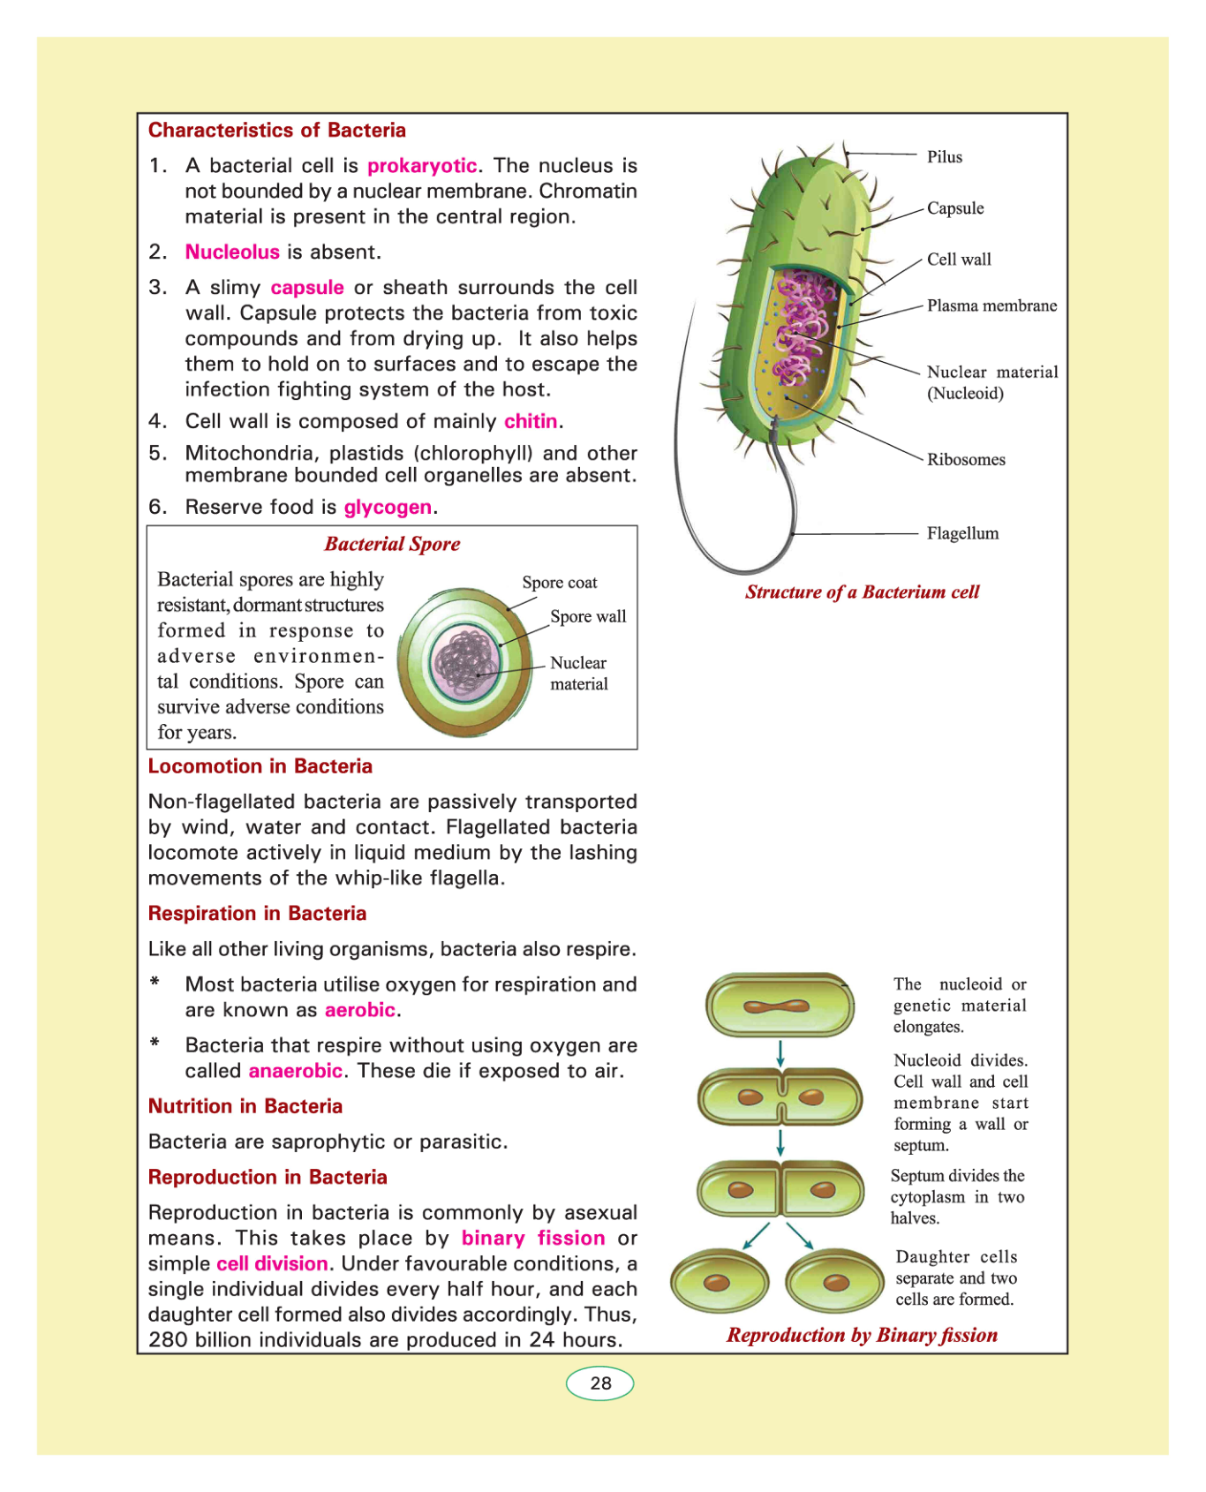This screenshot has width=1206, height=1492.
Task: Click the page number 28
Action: click(x=600, y=1383)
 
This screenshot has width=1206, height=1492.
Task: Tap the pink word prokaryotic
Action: click(x=422, y=166)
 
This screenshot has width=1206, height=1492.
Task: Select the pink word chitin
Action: click(x=531, y=422)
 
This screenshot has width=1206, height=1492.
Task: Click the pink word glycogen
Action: click(x=388, y=508)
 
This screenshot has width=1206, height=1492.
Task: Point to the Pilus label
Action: click(x=944, y=157)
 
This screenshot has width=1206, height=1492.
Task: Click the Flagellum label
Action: click(x=962, y=533)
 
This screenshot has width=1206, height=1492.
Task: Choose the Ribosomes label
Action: click(x=966, y=460)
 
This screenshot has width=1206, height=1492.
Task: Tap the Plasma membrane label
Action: click(x=991, y=306)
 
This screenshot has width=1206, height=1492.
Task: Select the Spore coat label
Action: click(x=559, y=583)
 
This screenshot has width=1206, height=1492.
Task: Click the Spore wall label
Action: click(x=588, y=617)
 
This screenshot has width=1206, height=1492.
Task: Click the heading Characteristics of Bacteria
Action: click(x=277, y=131)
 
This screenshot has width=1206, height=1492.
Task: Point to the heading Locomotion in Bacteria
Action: click(x=260, y=766)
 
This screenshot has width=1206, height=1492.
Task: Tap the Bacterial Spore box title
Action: click(x=392, y=544)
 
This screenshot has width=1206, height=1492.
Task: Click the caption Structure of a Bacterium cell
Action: click(x=862, y=592)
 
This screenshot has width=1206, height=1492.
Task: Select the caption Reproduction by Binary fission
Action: click(x=862, y=1336)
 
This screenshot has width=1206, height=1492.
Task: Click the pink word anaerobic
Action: click(x=295, y=1071)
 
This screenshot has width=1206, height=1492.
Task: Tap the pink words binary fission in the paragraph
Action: click(x=533, y=1239)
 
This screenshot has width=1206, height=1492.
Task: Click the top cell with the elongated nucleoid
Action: click(x=779, y=1006)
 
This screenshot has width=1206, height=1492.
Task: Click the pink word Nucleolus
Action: click(x=232, y=252)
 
